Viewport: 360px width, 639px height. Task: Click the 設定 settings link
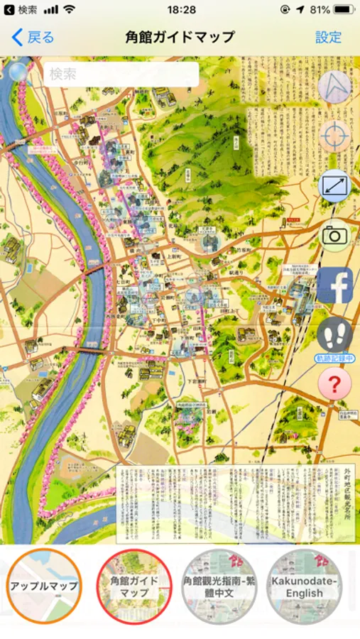(x=329, y=37)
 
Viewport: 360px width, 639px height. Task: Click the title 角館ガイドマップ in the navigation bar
(x=180, y=37)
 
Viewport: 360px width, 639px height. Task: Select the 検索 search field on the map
(x=121, y=75)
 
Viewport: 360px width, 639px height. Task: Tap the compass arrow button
(x=334, y=87)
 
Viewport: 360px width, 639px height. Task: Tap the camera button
(x=334, y=236)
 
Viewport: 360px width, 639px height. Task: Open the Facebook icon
(x=334, y=285)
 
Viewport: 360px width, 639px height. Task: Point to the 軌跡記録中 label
(x=334, y=359)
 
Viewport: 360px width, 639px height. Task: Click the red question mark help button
(x=334, y=384)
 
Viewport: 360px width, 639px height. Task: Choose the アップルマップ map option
(x=44, y=586)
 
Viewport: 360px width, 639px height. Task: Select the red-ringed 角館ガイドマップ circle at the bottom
(x=134, y=586)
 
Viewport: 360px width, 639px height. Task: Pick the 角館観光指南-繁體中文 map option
(x=219, y=586)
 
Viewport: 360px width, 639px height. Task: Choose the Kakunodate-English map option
(x=305, y=586)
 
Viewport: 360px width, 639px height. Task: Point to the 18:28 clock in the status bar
(x=181, y=10)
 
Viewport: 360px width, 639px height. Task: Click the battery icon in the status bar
(x=344, y=10)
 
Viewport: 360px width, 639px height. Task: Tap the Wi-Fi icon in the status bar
(x=69, y=10)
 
